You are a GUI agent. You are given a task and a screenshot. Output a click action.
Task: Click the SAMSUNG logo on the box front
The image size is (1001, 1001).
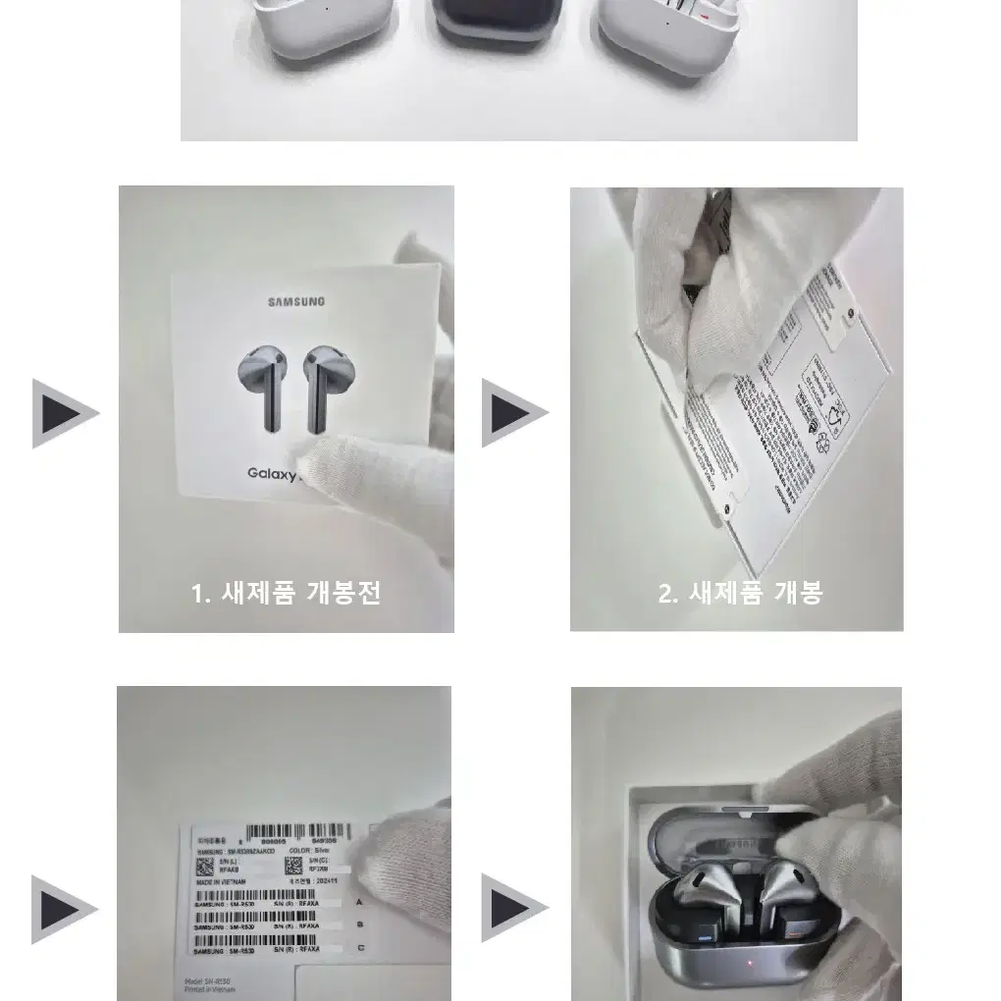click(x=296, y=301)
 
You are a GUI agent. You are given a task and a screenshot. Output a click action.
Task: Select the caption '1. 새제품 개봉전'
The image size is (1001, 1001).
click(x=286, y=593)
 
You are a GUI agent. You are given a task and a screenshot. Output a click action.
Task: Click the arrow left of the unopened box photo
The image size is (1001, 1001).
click(x=64, y=413)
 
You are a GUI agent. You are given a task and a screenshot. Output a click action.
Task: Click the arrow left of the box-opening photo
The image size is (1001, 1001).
click(x=513, y=413)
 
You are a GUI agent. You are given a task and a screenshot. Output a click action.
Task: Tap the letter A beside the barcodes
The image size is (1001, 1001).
click(x=359, y=901)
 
